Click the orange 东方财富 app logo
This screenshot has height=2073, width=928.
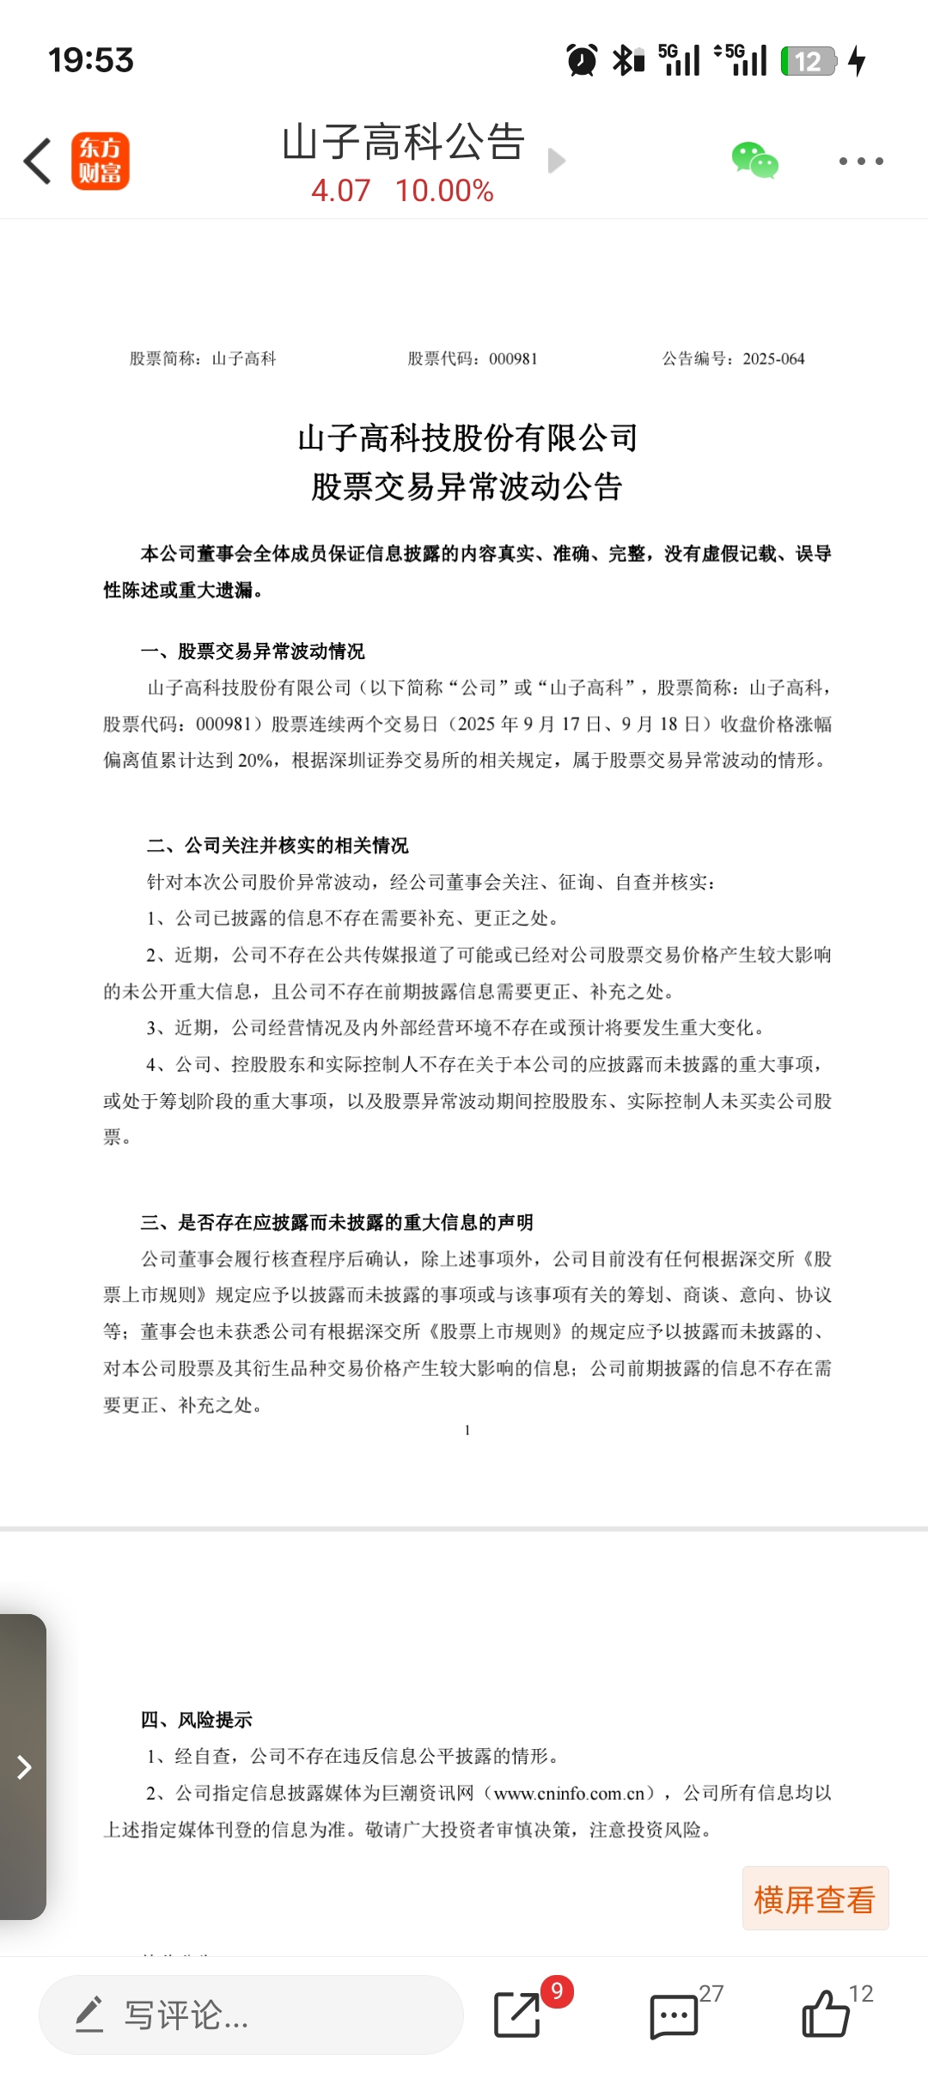coord(100,161)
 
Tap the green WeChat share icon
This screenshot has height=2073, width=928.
coord(754,161)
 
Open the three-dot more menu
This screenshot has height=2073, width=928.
coord(860,161)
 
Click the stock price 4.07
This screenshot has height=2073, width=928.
coord(340,191)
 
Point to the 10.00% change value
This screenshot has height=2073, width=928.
coord(444,191)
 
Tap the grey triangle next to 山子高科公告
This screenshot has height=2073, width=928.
coord(557,161)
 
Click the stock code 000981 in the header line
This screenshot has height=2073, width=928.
coord(513,359)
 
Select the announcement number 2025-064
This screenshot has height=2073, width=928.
coord(773,359)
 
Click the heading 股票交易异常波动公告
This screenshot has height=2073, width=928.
coord(467,487)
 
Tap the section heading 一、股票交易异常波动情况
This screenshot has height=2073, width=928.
coord(253,651)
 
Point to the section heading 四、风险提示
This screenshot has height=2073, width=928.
coord(197,1720)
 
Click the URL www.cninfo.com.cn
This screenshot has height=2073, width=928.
coord(569,1794)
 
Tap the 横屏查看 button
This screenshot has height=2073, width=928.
coord(815,1899)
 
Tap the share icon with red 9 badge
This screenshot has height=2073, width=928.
coord(518,2015)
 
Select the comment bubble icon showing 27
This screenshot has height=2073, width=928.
coord(674,2015)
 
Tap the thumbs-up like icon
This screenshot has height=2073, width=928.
coord(825,2015)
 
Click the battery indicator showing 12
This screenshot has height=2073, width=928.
coord(808,61)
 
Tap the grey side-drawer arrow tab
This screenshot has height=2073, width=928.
coord(24,1767)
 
